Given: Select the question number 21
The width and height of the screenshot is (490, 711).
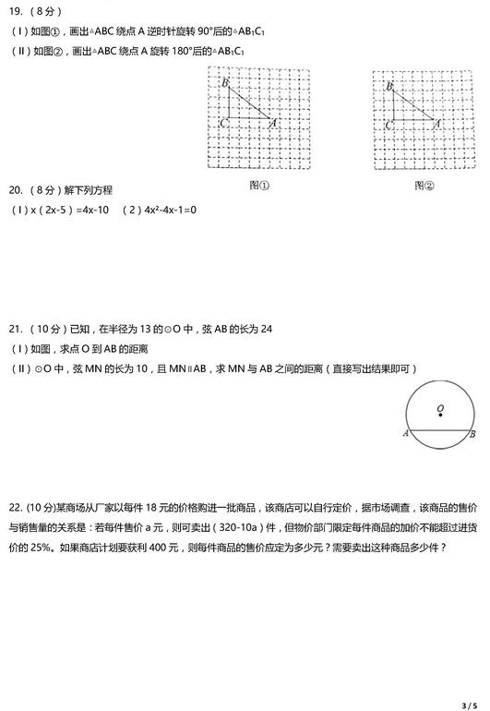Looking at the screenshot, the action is click(x=16, y=329).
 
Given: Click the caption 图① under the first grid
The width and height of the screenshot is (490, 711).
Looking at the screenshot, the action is click(x=258, y=185).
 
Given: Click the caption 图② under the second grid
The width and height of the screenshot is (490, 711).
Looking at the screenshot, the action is click(x=424, y=185).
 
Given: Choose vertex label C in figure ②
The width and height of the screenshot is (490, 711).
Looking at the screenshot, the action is click(x=388, y=123).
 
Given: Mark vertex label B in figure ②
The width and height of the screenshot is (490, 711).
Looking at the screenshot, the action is click(x=389, y=86).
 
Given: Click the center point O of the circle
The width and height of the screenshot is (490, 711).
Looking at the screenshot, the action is click(x=439, y=414).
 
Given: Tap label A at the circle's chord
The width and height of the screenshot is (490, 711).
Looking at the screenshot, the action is click(x=405, y=433).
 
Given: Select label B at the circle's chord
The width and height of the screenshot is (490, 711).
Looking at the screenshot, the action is click(x=472, y=433).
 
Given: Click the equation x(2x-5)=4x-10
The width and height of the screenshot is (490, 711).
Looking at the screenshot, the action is click(x=59, y=210).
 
